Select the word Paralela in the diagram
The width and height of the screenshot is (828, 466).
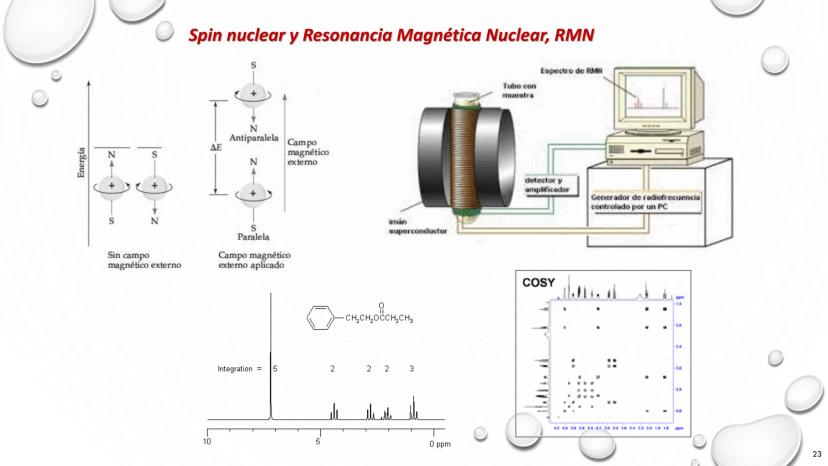252,239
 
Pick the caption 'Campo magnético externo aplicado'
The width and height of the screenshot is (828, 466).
256,261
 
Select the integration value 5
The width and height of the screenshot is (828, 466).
276,369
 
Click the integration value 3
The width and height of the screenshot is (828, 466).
412,369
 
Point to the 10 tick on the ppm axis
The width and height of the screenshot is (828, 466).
208,441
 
